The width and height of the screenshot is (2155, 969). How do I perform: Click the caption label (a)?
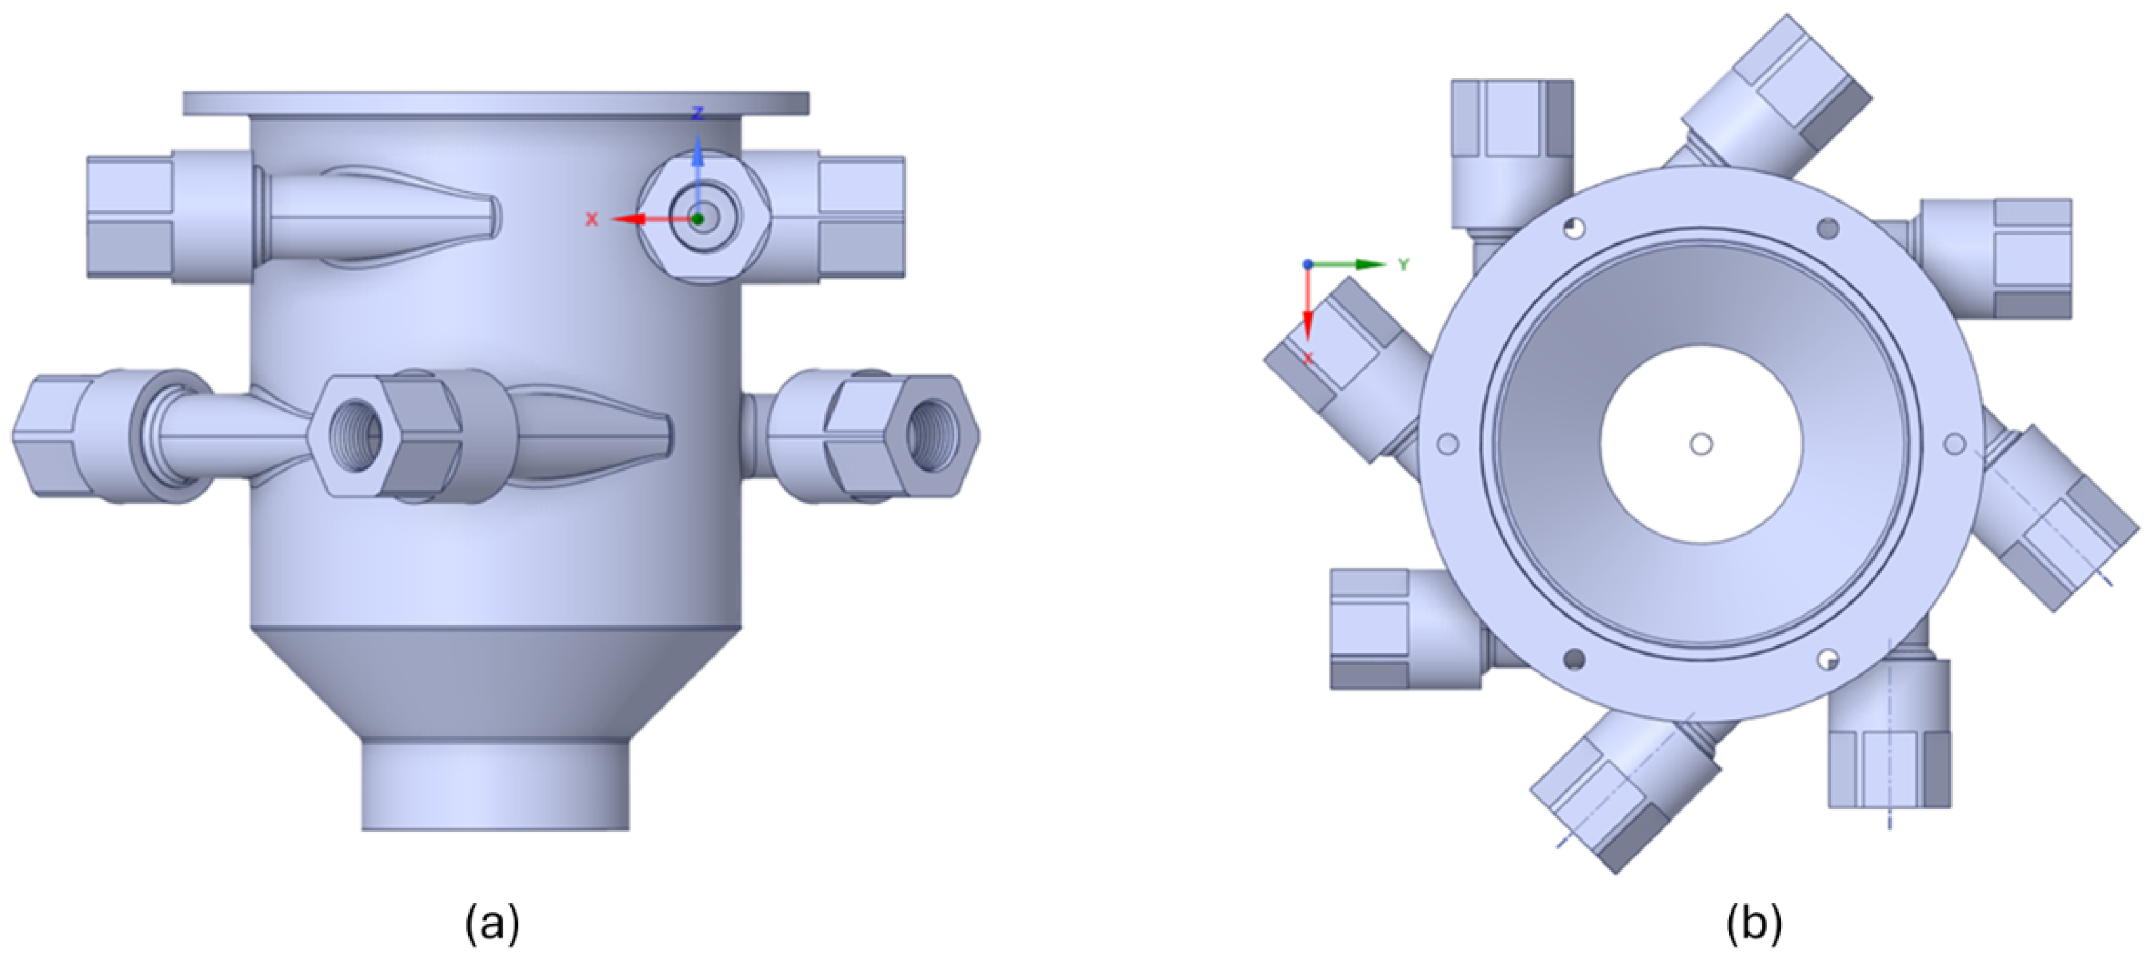coord(493,924)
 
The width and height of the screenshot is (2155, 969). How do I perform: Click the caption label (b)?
coord(1754,924)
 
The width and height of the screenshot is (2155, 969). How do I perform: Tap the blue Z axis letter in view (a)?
coord(697,114)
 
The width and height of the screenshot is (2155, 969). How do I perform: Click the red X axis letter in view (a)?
coord(592,220)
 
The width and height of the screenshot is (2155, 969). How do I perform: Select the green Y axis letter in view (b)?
coord(1404,265)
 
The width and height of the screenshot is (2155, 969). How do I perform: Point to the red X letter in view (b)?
coord(1308,358)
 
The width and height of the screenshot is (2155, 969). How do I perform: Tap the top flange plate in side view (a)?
coord(495,103)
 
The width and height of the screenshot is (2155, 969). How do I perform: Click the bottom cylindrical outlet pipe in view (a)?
coord(495,786)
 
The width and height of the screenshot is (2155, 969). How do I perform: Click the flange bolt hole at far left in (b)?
coord(1447,443)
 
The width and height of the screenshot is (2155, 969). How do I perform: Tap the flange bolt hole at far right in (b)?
coord(1953,444)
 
